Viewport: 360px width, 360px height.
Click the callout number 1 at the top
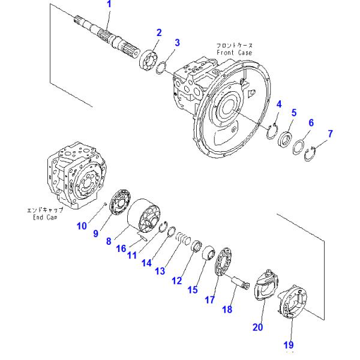click(x=109, y=5)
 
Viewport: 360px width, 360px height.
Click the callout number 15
click(x=192, y=289)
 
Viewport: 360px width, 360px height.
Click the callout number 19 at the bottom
click(x=290, y=344)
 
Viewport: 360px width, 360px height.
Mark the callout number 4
click(x=278, y=106)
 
